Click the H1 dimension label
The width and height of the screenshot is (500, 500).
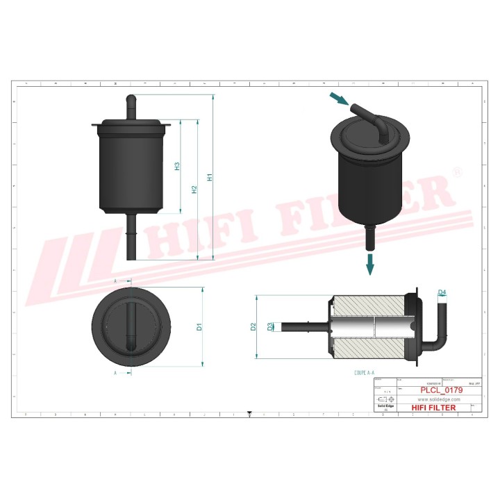click(x=210, y=177)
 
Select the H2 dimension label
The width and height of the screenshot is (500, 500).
click(x=194, y=190)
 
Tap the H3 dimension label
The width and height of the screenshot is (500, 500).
click(x=177, y=166)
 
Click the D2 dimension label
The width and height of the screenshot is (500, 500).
click(x=254, y=326)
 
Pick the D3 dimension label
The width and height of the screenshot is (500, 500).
click(x=270, y=326)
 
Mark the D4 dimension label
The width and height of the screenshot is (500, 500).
click(x=442, y=292)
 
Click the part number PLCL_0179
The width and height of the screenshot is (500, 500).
click(x=442, y=390)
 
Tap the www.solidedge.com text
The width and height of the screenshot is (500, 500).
click(x=439, y=399)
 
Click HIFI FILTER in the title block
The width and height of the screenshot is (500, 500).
click(x=434, y=408)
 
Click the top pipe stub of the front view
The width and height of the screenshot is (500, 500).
click(x=131, y=105)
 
